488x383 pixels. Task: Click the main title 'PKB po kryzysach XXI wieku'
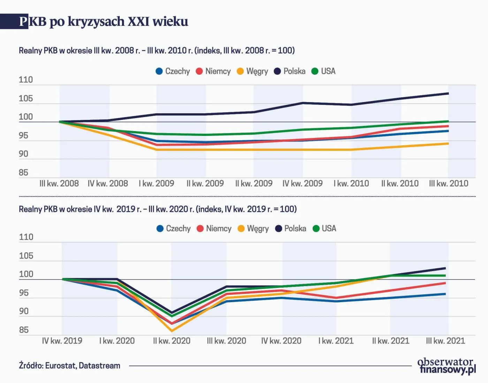point(104,22)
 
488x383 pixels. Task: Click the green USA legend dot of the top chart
point(315,71)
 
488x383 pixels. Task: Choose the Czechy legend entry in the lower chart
point(174,229)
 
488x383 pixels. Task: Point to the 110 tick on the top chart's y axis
point(25,80)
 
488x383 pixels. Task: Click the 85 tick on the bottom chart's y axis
point(24,330)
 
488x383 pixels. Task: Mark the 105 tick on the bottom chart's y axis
point(26,256)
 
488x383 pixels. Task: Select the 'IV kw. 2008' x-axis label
point(108,184)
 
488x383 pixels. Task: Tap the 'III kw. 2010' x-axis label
point(448,184)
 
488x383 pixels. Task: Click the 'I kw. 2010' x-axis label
point(351,184)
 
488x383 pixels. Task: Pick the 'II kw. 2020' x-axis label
point(171,341)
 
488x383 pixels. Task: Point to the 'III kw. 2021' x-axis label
point(445,341)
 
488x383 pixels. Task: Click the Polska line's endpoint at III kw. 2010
point(448,93)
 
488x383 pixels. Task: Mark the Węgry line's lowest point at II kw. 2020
point(171,331)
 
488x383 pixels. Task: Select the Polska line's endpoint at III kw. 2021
point(445,268)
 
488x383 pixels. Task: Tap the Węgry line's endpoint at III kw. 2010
point(448,144)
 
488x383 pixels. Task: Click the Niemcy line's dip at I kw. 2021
point(336,298)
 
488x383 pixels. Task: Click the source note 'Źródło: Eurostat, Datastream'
point(69,366)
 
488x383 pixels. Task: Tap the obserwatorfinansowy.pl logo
point(447,366)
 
